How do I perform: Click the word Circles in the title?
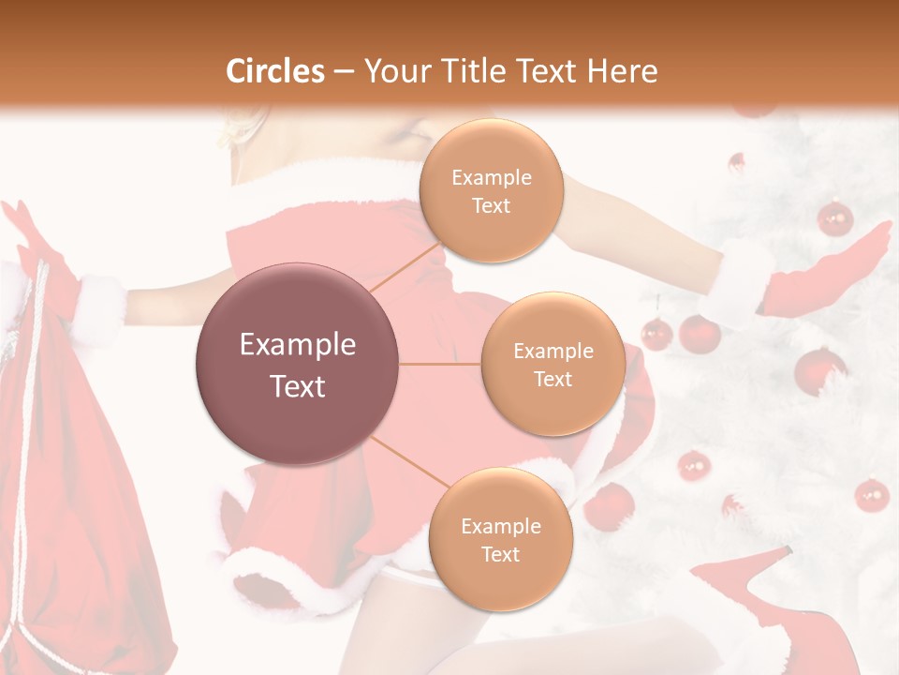coord(275,71)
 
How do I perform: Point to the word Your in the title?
coord(397,71)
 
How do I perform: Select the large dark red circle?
coord(298,364)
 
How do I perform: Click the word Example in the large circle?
coord(298,345)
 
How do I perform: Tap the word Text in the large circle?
coord(298,386)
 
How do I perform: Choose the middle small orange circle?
coord(553,364)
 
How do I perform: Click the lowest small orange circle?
coord(500,539)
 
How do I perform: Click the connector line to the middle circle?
coord(440,364)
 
